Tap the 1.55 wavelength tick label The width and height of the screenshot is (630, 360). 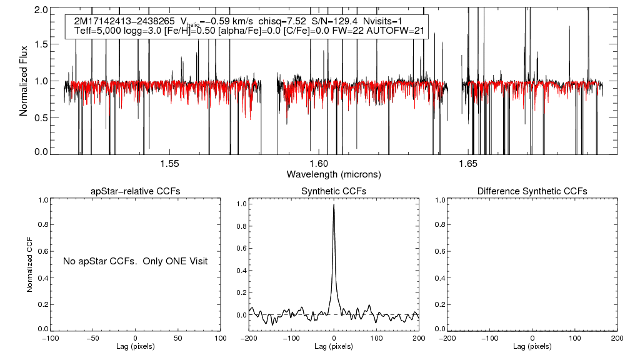coord(169,163)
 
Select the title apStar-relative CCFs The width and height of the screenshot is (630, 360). coord(136,191)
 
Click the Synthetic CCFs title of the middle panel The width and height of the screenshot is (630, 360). coord(334,191)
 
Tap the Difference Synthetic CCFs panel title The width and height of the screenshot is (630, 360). coord(532,191)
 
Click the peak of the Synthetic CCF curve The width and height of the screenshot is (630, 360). coord(334,205)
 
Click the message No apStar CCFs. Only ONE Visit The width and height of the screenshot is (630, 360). coord(135,261)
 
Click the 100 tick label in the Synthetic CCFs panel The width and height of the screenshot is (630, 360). coord(376,337)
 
